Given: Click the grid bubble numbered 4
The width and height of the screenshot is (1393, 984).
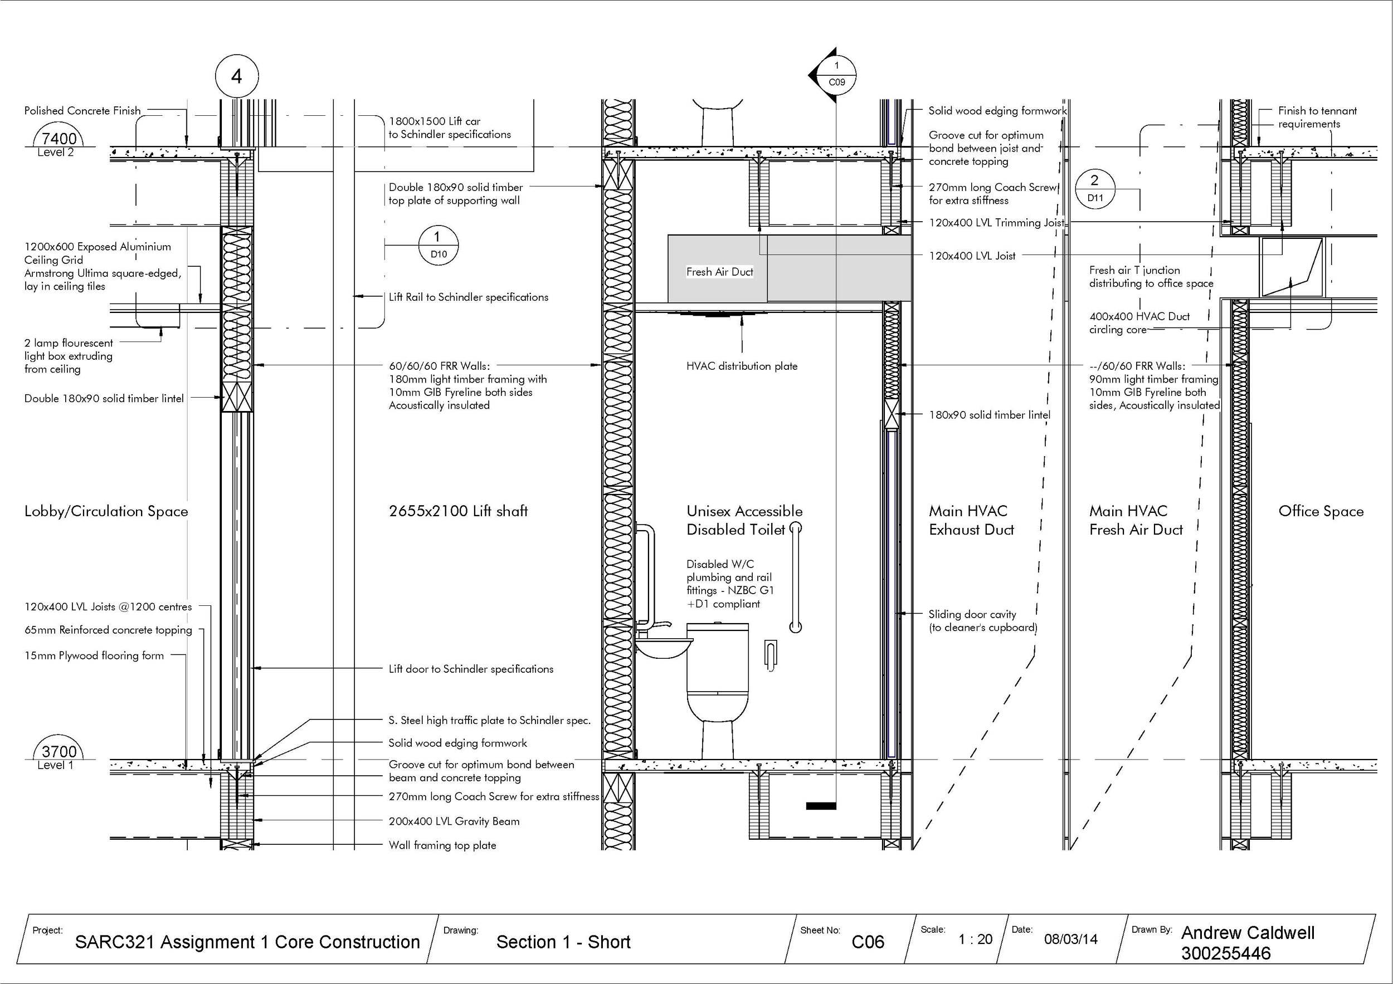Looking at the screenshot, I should tap(237, 76).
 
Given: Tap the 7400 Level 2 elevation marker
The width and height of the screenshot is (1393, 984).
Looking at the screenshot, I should tap(59, 142).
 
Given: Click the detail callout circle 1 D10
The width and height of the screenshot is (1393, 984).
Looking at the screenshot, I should tap(438, 246).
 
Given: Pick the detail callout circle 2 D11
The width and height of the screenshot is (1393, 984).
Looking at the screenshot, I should tap(1094, 189).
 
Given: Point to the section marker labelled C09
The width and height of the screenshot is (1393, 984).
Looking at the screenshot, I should tap(836, 75).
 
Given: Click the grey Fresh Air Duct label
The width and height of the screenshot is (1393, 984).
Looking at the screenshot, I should tap(719, 272).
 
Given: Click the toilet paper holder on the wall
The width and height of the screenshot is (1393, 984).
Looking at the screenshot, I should tap(771, 655).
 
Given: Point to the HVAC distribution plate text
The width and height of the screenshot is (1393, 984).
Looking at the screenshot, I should tap(742, 366).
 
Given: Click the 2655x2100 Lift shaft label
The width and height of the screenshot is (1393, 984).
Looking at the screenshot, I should tap(458, 511).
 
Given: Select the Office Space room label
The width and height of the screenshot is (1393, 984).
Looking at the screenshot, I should tap(1321, 511).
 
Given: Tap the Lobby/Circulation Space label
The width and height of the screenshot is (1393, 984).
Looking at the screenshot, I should tap(106, 511).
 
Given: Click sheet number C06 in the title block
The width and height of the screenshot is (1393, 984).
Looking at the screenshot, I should tap(868, 942).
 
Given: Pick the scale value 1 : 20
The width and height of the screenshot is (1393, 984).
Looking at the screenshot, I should tap(975, 939).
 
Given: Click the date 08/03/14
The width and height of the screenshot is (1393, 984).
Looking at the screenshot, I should tap(1071, 939).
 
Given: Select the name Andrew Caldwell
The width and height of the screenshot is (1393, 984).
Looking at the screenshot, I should tap(1248, 932).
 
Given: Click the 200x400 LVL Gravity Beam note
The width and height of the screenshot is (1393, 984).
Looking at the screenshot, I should tap(454, 821).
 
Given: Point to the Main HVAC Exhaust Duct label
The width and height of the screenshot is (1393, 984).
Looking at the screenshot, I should tap(971, 520).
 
